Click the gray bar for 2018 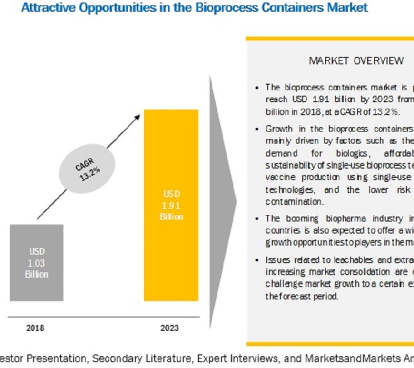36,262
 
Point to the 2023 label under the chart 170,328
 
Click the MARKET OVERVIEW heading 356,60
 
